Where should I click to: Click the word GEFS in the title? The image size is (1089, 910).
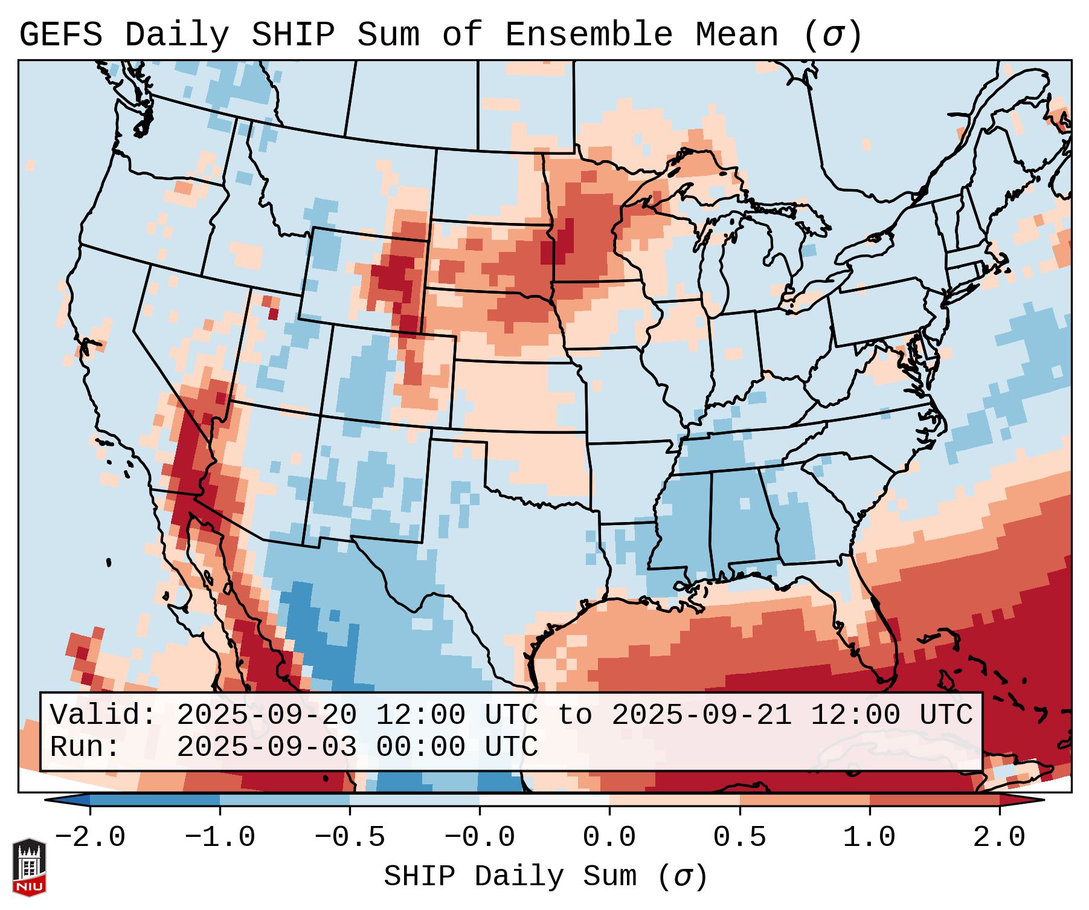pos(61,35)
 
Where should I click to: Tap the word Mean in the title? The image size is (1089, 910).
pos(736,35)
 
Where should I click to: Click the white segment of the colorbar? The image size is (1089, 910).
pos(544,800)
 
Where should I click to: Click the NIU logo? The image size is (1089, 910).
pos(29,867)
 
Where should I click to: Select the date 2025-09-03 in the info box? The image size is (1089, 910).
pos(267,747)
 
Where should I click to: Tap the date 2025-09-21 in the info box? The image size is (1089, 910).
pos(702,715)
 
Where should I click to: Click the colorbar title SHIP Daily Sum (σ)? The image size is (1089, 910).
pos(545,877)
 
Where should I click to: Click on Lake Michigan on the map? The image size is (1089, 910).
pos(716,266)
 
